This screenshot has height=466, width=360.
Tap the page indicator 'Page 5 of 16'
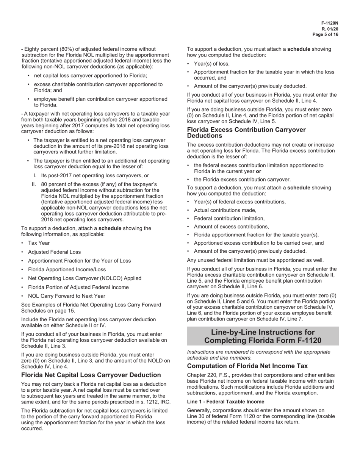326,34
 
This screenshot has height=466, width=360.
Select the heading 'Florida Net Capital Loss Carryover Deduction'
91,375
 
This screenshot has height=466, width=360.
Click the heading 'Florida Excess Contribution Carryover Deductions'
246,133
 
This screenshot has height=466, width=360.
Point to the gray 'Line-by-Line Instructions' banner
263,336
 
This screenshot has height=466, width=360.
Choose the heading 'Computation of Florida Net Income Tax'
247,366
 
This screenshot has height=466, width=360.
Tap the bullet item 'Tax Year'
39,243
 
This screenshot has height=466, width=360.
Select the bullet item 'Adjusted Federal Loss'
54,252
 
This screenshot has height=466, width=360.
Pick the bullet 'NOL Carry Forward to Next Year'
67,296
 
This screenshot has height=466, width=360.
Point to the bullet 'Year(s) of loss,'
212,64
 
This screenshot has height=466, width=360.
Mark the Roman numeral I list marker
35,176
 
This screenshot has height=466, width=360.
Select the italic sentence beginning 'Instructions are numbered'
258,355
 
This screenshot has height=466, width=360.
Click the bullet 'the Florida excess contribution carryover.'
242,180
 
